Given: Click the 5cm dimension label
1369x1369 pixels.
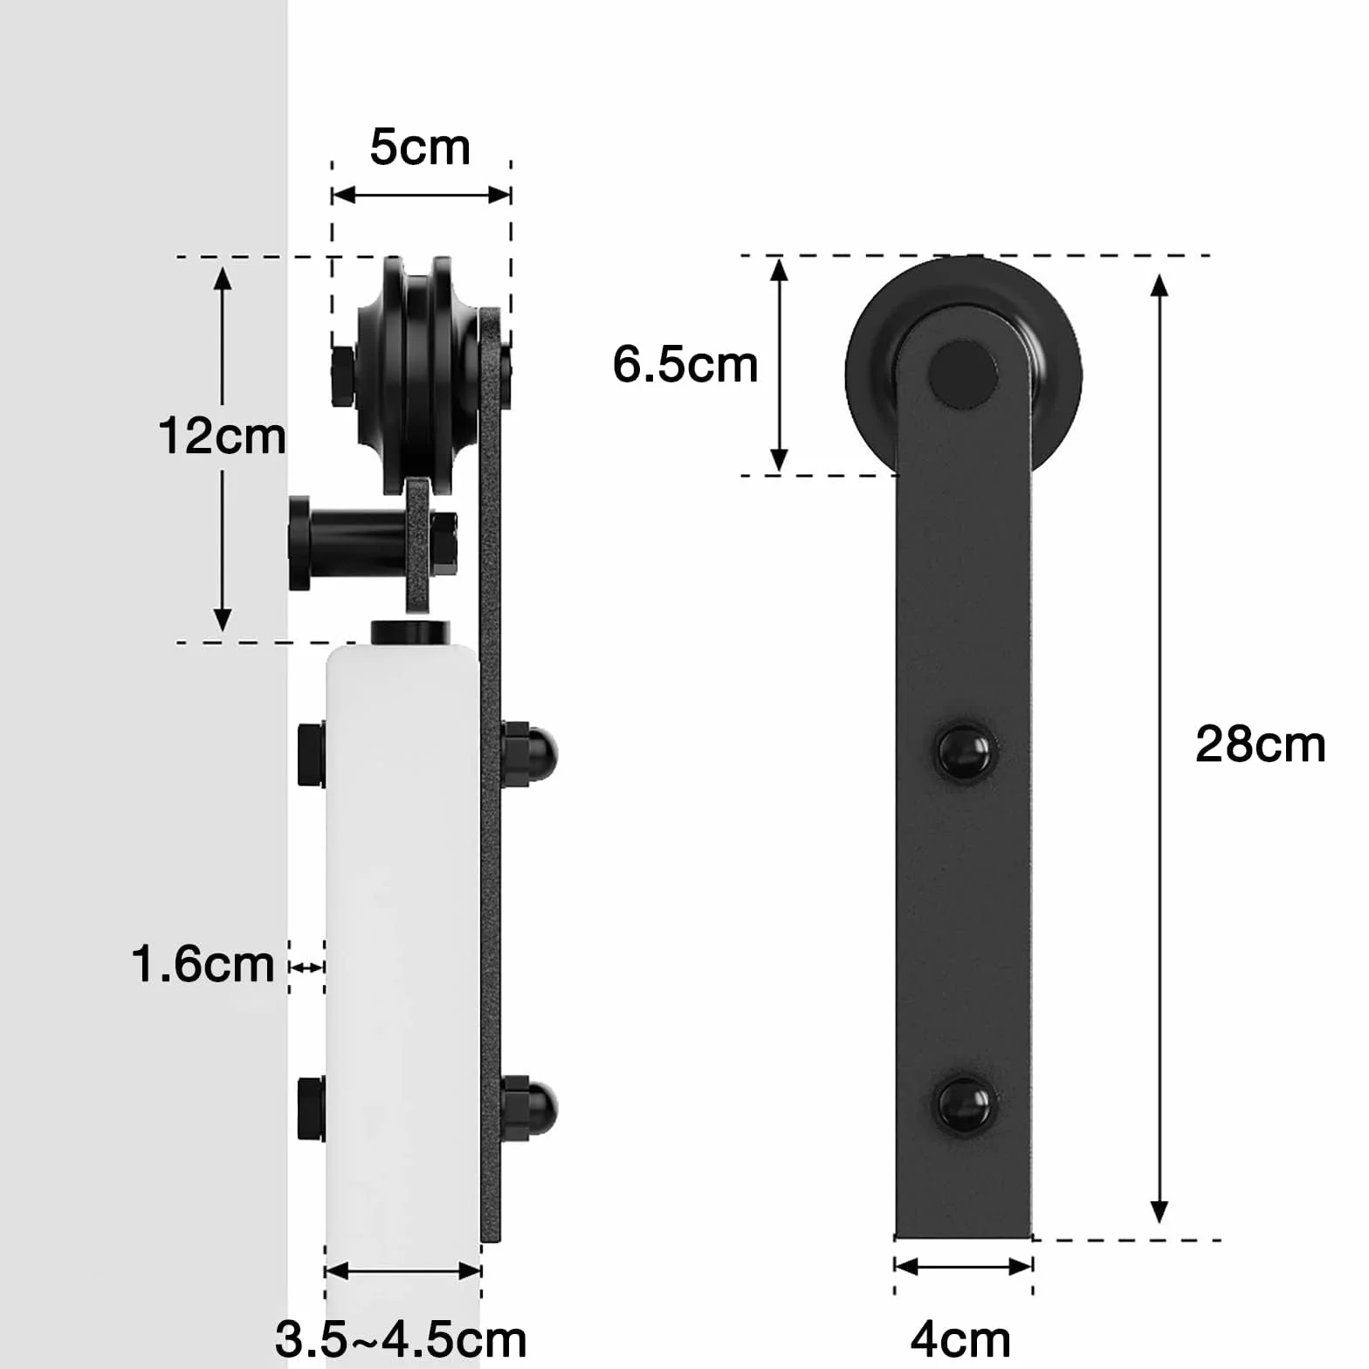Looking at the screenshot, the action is [x=420, y=147].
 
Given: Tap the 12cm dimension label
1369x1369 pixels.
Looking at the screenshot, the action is [x=222, y=436].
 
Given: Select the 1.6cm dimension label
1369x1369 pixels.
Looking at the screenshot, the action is [x=203, y=965].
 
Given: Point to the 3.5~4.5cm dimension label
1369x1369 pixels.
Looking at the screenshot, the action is [x=401, y=1339].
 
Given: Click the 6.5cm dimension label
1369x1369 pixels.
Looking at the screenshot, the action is [x=685, y=364].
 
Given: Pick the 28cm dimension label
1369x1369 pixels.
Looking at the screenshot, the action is [x=1260, y=745].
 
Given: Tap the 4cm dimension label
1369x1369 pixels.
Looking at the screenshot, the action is [x=960, y=1339].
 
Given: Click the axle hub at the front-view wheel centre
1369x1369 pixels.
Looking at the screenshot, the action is [x=963, y=375].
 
